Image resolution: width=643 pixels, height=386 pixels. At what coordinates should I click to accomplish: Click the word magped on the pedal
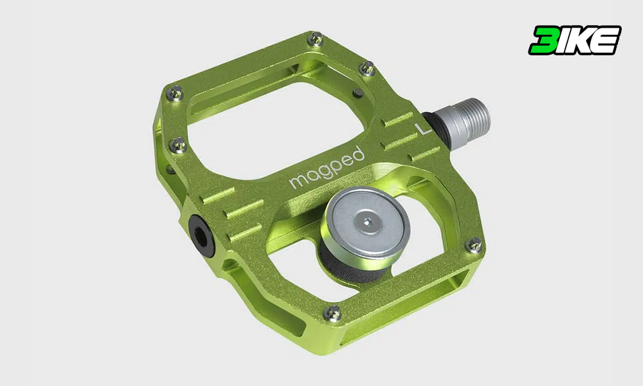[x=327, y=168]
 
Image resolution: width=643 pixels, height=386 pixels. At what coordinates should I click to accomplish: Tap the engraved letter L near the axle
[x=423, y=129]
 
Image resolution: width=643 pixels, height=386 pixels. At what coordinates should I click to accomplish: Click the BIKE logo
[x=574, y=40]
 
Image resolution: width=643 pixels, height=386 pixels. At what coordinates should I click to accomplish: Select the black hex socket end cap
[x=201, y=236]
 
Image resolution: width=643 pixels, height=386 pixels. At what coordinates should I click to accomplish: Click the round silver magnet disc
[x=368, y=223]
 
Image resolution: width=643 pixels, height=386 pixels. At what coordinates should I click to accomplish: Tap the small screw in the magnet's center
[x=367, y=223]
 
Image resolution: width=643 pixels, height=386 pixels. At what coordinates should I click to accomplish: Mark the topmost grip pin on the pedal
[x=315, y=39]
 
